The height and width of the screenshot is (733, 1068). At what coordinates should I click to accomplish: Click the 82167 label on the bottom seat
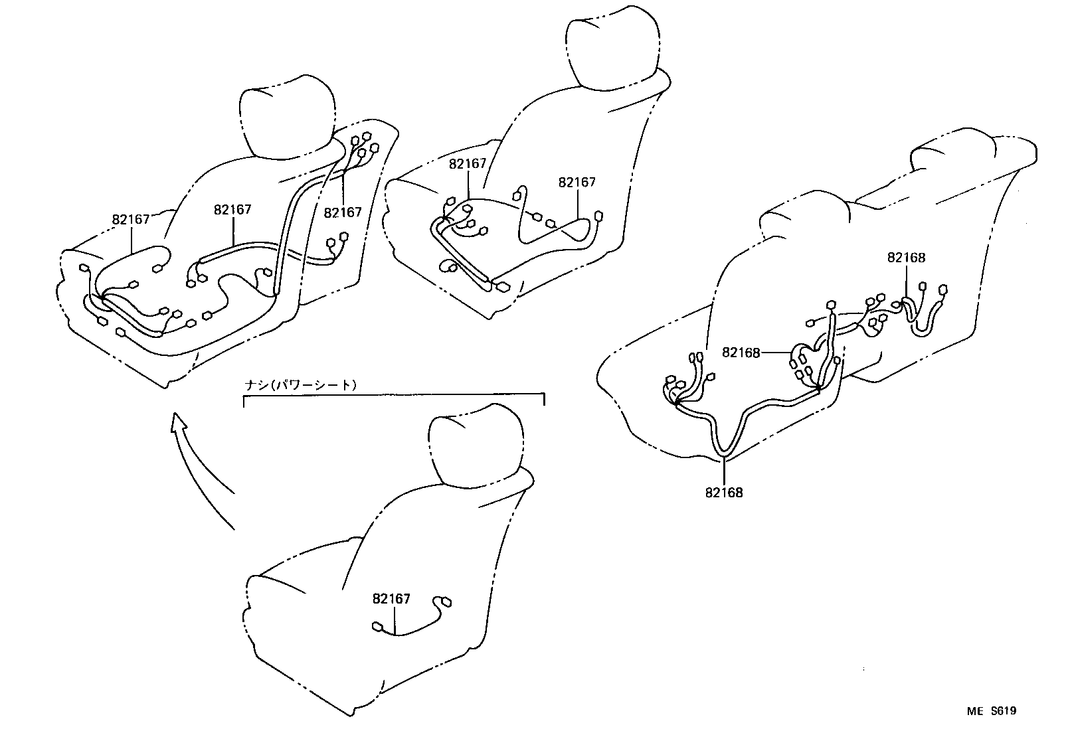(x=391, y=599)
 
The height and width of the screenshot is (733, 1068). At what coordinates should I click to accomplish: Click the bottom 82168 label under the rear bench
(x=724, y=493)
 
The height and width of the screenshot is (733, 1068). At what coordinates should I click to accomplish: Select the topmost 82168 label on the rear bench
(x=906, y=258)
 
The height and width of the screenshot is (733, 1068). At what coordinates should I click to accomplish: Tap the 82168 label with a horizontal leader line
(x=741, y=353)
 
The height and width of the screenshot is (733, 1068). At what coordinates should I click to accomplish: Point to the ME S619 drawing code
(x=991, y=711)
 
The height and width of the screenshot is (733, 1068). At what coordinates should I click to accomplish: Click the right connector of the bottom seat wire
(x=446, y=602)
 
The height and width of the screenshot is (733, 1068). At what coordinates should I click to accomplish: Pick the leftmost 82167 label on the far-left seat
(x=131, y=219)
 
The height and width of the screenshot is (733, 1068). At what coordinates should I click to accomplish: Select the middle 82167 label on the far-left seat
(x=232, y=210)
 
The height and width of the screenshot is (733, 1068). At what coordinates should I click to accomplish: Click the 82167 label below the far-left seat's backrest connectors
(x=343, y=212)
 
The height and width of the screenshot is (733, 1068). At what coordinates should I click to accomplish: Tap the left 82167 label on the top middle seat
(x=468, y=164)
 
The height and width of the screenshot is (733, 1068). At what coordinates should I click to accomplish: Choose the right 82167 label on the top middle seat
(x=577, y=182)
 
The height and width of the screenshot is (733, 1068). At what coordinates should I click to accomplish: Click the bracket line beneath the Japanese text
(x=394, y=394)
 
